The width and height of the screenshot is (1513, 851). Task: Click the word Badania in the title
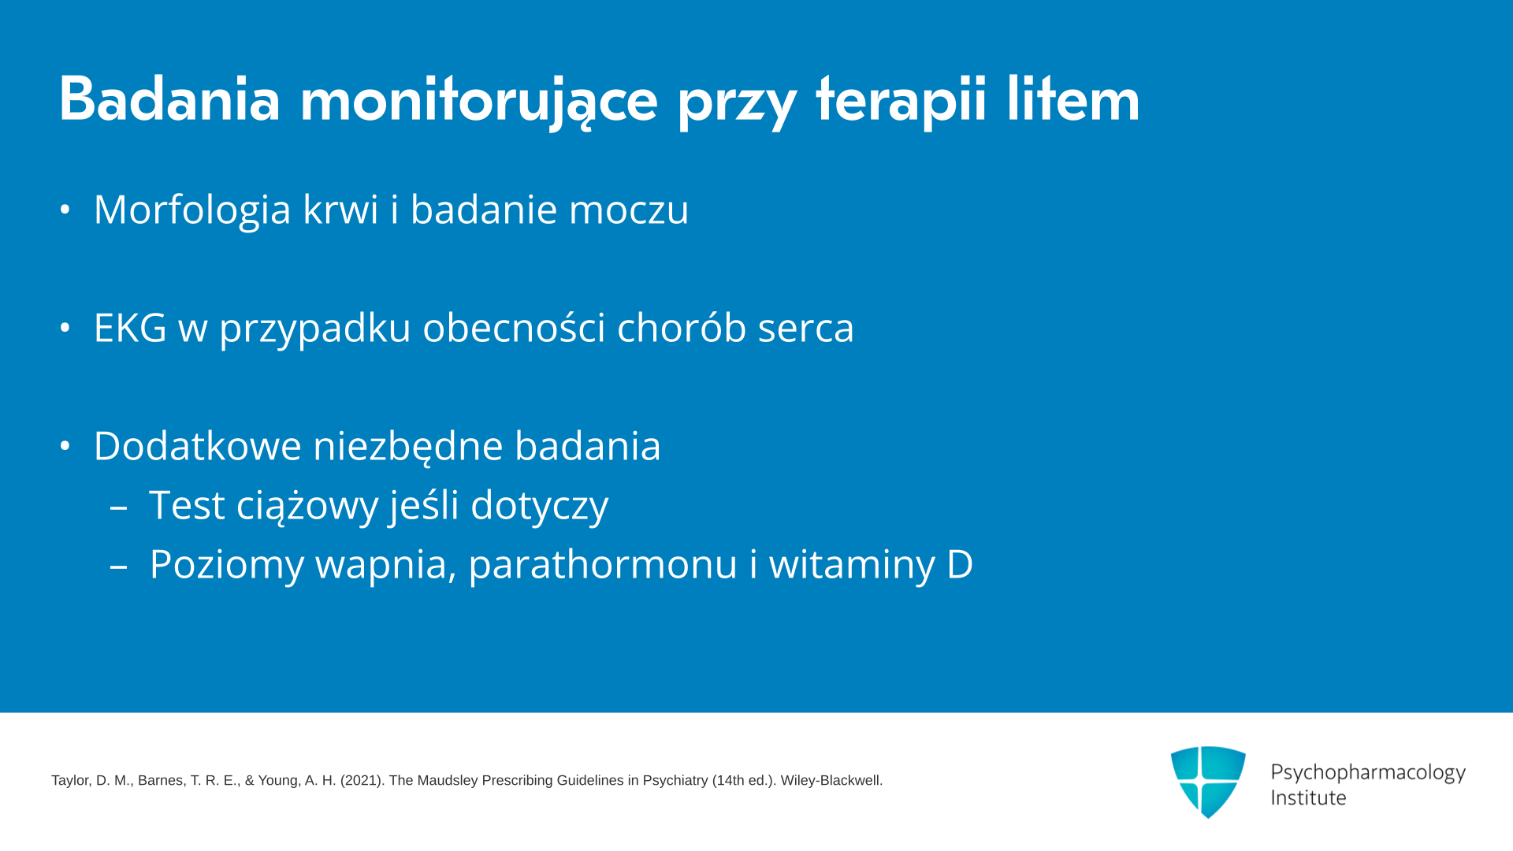tap(169, 99)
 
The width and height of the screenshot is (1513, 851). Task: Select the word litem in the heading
tap(1072, 99)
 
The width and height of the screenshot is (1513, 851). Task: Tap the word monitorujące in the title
tap(478, 102)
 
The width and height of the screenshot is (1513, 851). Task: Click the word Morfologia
tap(192, 210)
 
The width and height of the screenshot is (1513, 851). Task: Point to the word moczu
tap(629, 211)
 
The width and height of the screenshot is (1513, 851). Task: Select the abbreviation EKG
tap(130, 328)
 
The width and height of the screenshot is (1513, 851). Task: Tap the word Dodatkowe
tap(198, 446)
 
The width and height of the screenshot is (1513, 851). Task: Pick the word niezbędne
tap(408, 446)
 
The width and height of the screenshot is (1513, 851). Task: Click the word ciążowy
tap(307, 506)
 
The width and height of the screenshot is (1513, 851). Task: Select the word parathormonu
tap(603, 566)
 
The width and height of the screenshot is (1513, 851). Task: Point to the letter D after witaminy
tap(960, 565)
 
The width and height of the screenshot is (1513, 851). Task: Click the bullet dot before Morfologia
tap(65, 210)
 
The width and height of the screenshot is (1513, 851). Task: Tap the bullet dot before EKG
tap(65, 328)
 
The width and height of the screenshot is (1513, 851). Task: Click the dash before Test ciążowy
tap(119, 508)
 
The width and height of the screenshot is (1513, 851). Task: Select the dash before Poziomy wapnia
tap(119, 567)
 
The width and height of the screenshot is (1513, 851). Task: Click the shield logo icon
tap(1208, 782)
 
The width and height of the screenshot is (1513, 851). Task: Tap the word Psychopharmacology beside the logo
tap(1368, 773)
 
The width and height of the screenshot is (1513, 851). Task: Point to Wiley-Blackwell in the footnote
tap(831, 781)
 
